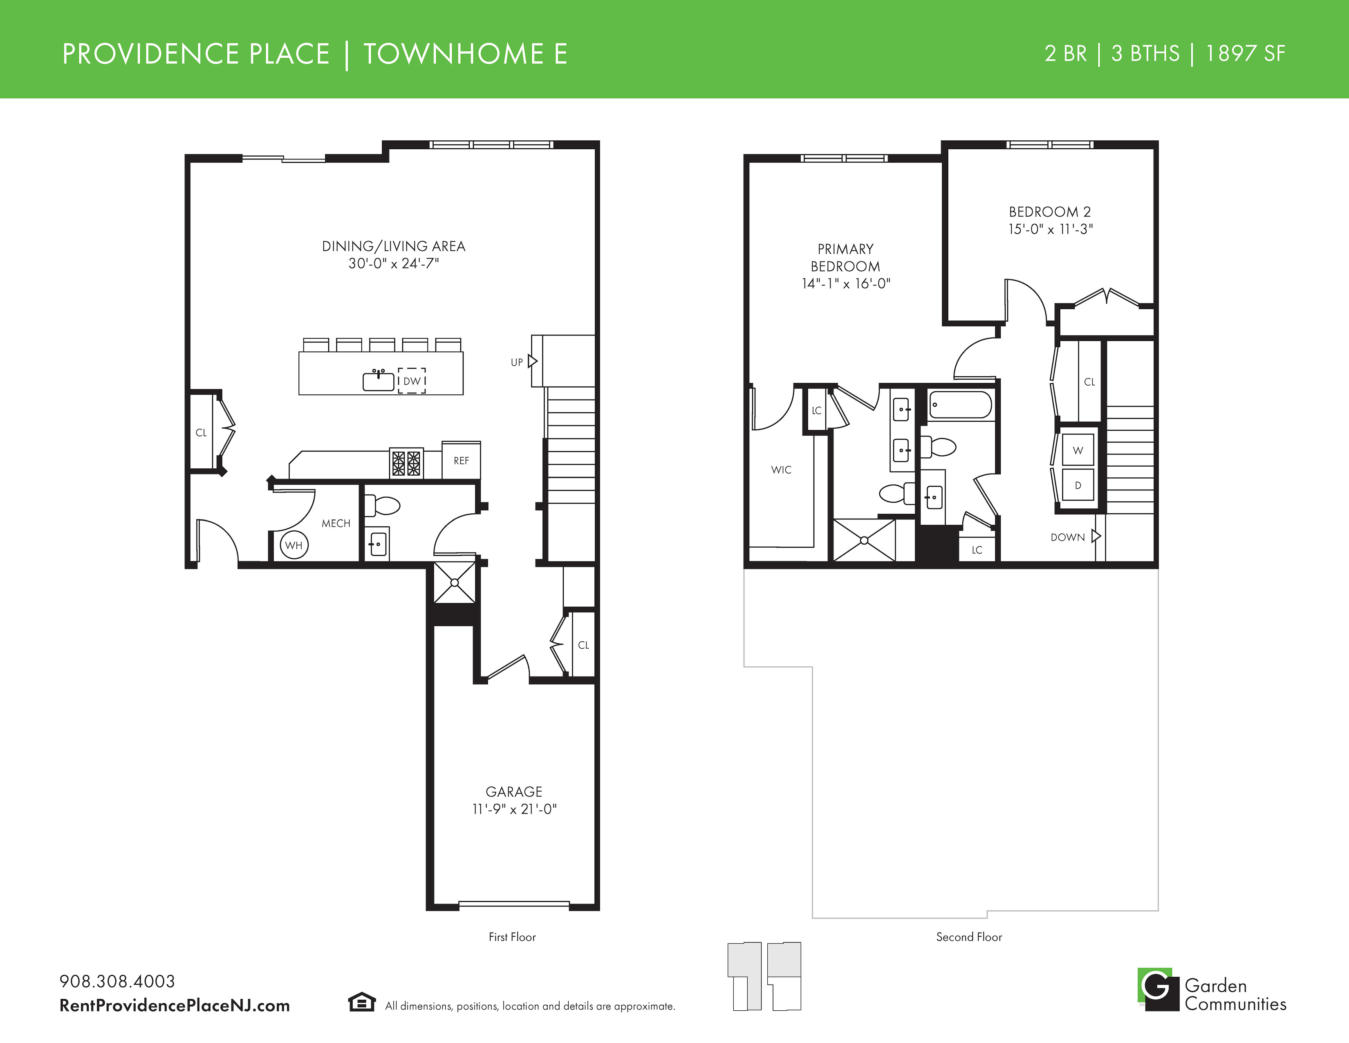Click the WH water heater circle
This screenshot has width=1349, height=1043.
[294, 545]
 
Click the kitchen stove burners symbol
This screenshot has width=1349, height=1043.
[406, 463]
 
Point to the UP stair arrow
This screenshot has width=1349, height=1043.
[532, 362]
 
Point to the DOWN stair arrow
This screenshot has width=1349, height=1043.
[1096, 536]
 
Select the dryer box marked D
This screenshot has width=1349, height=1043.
[1078, 485]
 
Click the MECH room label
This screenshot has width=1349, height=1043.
[336, 524]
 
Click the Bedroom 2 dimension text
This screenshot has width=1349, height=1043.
[1051, 229]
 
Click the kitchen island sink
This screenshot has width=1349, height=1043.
[379, 381]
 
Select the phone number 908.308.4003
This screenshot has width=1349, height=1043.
[117, 981]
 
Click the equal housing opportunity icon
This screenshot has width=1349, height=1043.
[362, 1002]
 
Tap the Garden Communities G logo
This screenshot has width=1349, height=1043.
[1158, 989]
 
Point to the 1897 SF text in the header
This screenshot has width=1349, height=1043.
[1245, 54]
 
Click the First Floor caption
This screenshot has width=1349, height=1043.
[512, 937]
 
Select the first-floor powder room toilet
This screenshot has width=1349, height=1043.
[382, 506]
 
